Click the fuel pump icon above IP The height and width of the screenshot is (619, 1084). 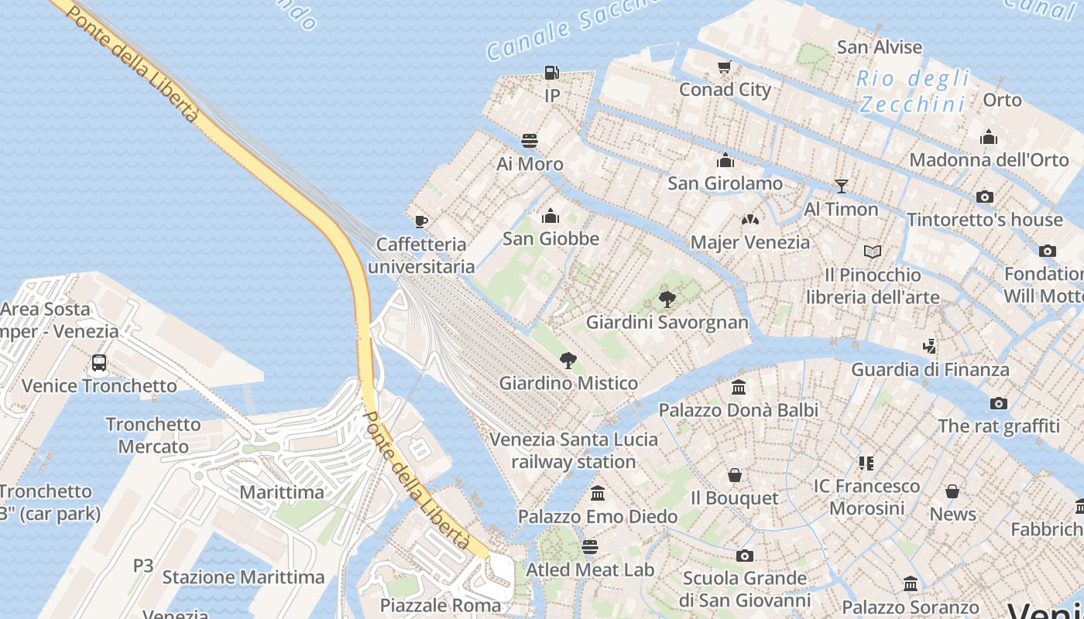[x=551, y=73]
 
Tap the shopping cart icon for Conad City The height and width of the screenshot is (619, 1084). [x=724, y=67]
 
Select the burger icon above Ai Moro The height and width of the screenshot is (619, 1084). [x=530, y=141]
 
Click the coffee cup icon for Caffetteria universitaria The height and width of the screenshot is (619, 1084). [x=420, y=222]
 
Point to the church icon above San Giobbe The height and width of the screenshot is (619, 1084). [x=551, y=216]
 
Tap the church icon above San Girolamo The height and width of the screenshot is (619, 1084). [x=726, y=160]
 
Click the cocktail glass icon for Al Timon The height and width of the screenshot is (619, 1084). [x=841, y=186]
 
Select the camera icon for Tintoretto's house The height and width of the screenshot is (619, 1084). [x=985, y=197]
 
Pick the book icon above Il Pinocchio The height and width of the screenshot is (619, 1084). [x=873, y=251]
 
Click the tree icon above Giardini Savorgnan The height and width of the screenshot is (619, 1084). [x=667, y=299]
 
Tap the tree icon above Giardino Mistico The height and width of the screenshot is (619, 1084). [x=568, y=360]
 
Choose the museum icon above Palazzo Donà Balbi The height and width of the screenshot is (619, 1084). [x=739, y=387]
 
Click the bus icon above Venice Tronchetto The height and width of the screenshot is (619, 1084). [x=99, y=362]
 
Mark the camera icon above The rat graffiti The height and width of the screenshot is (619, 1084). [x=999, y=403]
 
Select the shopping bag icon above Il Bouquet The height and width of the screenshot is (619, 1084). [x=734, y=475]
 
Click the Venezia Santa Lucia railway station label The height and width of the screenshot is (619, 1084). [x=574, y=450]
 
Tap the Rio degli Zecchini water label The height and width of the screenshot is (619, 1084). [x=914, y=91]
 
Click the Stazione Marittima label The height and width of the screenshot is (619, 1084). [x=243, y=577]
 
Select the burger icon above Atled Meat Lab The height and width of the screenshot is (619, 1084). [x=590, y=547]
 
